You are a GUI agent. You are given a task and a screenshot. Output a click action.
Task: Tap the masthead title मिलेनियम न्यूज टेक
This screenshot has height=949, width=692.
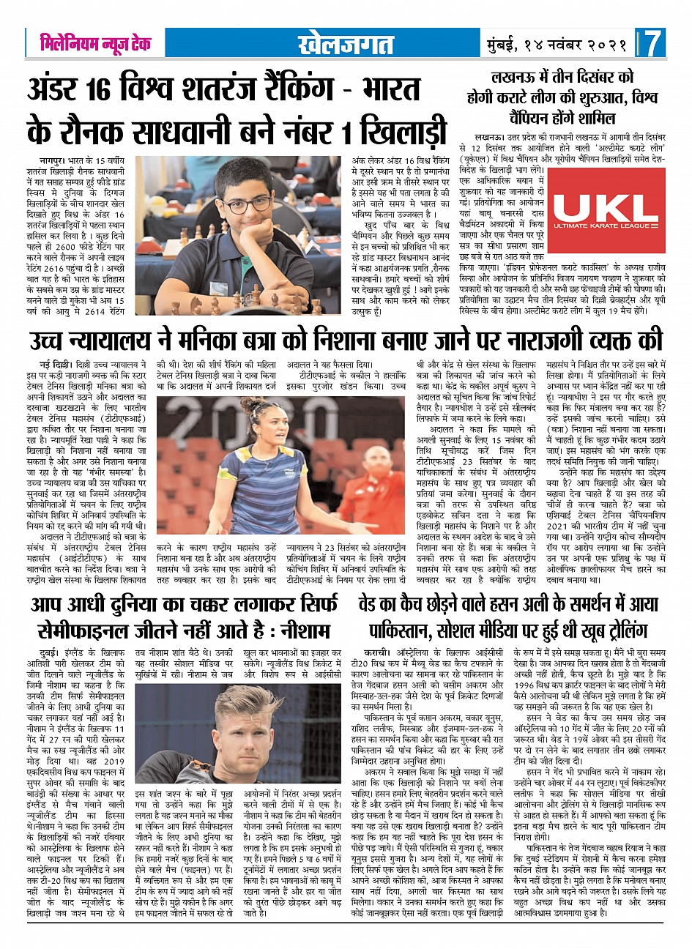click(95, 43)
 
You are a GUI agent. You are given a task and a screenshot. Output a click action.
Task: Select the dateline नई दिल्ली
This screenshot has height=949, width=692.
click(54, 364)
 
